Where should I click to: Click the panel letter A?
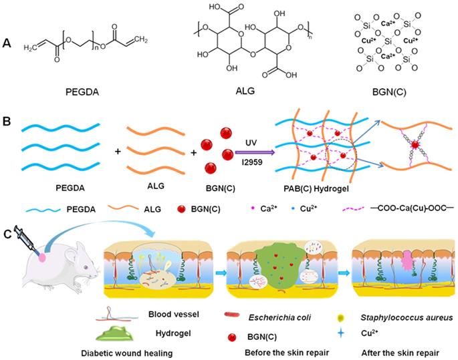tap(7, 43)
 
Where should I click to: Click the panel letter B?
tap(7, 121)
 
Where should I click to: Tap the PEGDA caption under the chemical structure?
tap(82, 92)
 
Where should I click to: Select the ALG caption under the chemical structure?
tap(245, 91)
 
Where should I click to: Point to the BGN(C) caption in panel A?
tap(389, 92)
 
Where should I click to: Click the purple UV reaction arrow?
tap(255, 152)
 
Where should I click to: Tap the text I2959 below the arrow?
tap(252, 162)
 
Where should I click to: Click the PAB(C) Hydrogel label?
tap(316, 189)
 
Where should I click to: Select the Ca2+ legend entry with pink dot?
tap(263, 208)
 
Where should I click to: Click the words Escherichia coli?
tap(279, 317)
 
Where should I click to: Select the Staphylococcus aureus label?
tap(407, 317)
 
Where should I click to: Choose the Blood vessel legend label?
tap(173, 314)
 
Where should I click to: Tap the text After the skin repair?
tap(400, 353)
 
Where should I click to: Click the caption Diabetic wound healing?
tap(127, 353)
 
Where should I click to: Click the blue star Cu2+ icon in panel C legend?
tap(340, 333)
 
